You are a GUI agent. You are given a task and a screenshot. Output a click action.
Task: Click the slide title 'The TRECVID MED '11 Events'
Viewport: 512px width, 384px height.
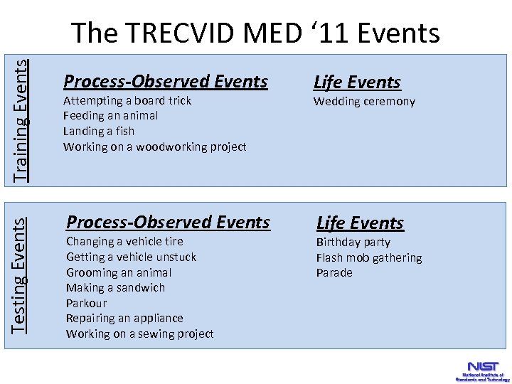pos(255,33)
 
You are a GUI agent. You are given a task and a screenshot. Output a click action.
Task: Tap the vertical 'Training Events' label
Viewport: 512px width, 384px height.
pos(22,119)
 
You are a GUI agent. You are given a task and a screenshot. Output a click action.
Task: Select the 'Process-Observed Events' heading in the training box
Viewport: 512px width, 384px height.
pos(166,82)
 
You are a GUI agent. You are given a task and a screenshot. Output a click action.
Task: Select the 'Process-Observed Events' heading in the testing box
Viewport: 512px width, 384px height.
pos(168,223)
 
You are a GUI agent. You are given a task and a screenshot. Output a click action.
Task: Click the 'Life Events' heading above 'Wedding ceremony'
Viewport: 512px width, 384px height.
pos(357,82)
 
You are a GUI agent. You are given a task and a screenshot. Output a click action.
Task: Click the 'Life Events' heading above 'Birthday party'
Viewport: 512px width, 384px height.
pos(360,223)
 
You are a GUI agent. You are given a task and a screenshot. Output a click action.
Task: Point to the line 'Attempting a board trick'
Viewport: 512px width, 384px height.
pos(127,100)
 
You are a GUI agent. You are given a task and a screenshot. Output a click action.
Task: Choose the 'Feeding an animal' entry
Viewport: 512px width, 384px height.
pos(110,115)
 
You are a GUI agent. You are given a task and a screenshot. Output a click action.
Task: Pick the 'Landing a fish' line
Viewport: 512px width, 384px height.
pos(99,131)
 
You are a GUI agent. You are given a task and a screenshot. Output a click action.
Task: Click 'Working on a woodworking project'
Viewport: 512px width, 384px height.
pos(154,146)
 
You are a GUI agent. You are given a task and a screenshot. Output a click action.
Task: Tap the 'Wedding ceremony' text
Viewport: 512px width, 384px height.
pos(364,101)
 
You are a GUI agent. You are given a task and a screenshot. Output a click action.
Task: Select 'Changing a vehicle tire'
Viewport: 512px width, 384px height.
pos(124,242)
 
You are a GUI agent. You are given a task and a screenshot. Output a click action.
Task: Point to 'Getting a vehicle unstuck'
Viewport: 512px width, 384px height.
pos(131,257)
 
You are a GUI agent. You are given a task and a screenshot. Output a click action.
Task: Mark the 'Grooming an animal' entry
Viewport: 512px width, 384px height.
pos(119,272)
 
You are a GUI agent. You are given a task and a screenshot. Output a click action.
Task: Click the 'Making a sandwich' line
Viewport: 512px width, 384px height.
pos(115,287)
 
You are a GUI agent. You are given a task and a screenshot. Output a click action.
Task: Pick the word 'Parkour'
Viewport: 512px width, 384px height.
pos(86,303)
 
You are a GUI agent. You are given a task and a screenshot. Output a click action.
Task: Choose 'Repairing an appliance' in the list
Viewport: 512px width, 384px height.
pos(124,318)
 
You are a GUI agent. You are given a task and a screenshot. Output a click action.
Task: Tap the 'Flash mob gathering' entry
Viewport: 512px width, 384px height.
pos(368,257)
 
